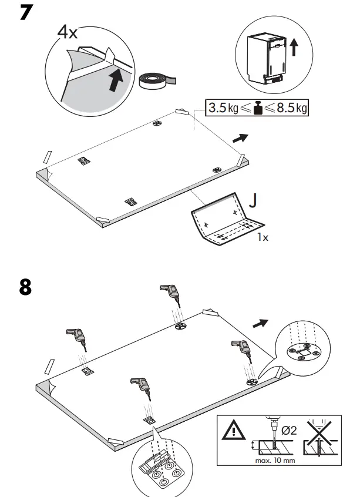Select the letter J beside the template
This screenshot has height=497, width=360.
253,200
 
